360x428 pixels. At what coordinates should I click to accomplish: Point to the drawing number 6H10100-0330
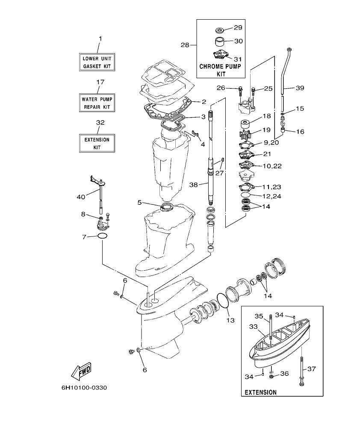(x=84, y=388)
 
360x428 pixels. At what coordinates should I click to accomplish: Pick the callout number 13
(x=230, y=319)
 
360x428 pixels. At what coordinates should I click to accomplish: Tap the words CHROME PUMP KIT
(x=221, y=70)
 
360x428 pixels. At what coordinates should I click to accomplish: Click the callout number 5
(x=139, y=202)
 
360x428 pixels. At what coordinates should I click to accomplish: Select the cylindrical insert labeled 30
(x=221, y=42)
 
